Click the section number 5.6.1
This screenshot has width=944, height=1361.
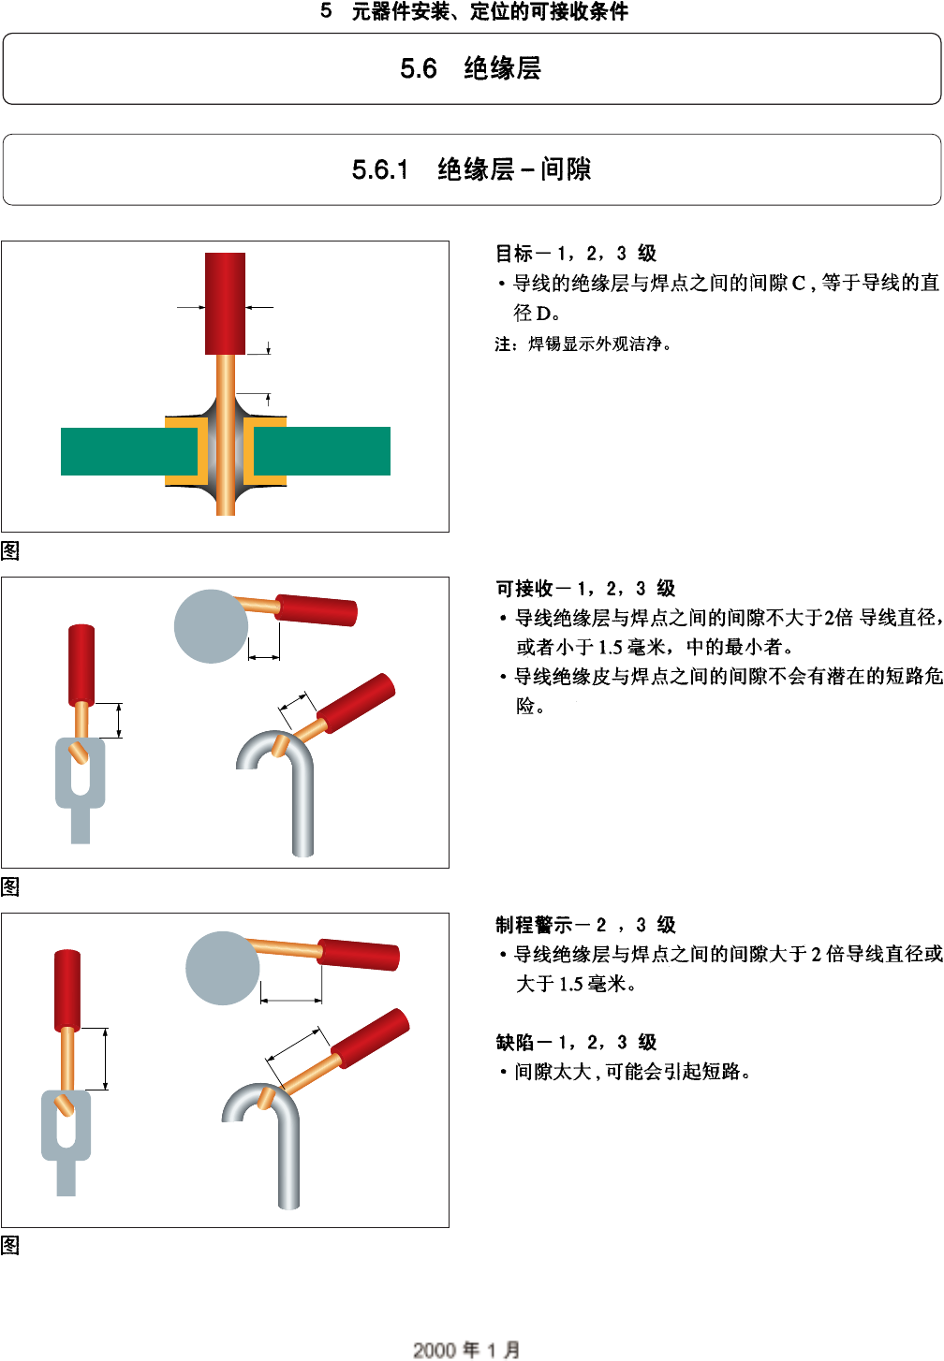(x=379, y=169)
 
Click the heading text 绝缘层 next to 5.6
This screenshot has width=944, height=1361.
(x=502, y=68)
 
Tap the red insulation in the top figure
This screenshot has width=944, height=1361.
(x=225, y=302)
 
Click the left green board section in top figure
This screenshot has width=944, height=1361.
(x=112, y=451)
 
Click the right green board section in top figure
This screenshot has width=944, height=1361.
(x=323, y=451)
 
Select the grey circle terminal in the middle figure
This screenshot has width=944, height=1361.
(x=211, y=626)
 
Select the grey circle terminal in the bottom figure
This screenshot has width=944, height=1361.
(x=223, y=968)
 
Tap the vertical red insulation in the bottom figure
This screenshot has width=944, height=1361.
(x=66, y=990)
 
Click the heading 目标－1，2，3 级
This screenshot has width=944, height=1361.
(x=575, y=254)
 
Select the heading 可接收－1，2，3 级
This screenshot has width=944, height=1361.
(x=585, y=589)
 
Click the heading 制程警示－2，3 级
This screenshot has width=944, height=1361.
(x=585, y=925)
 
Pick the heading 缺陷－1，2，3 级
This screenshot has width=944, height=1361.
(x=575, y=1042)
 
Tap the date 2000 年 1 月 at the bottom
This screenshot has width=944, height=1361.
(x=466, y=1349)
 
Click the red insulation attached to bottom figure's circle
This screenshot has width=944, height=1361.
(x=359, y=955)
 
